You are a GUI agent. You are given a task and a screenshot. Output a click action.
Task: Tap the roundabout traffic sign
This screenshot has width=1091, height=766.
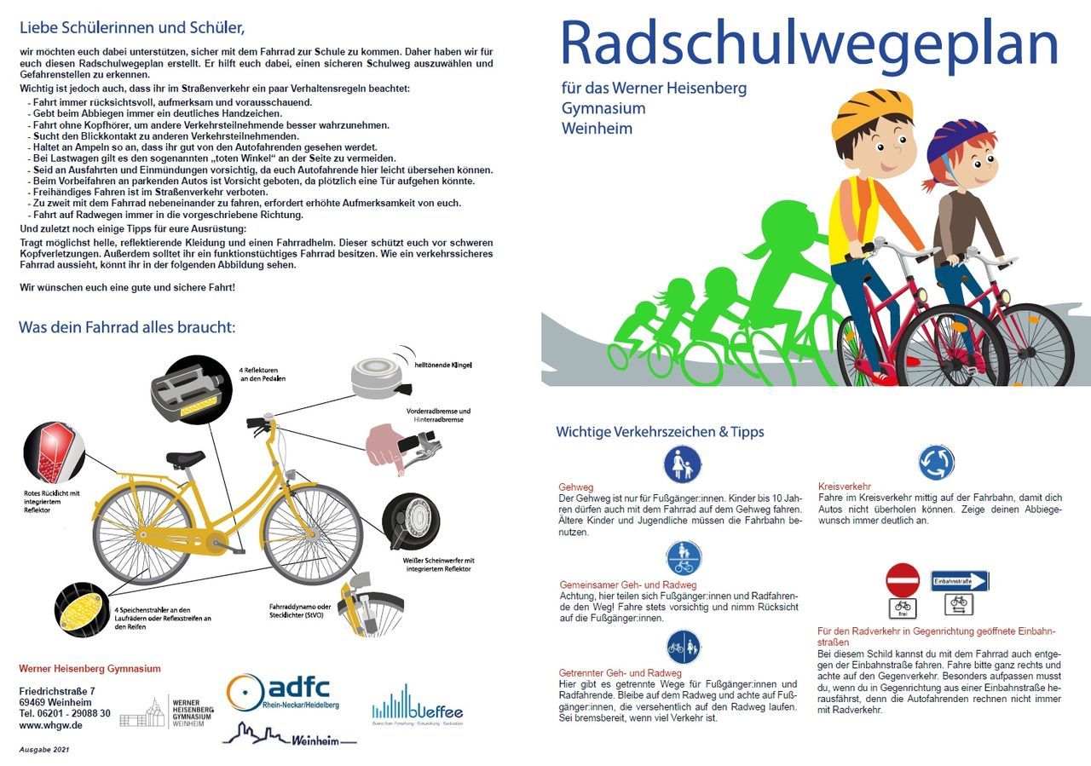coord(936,463)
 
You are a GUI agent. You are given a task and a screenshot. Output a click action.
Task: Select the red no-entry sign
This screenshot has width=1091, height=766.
coord(903,580)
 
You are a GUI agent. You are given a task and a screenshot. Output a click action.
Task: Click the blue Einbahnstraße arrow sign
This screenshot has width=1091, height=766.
coord(960,581)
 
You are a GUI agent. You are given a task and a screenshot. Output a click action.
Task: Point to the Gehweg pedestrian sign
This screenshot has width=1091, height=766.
coord(682,464)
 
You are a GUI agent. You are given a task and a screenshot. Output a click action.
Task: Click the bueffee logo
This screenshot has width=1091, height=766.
coord(418,706)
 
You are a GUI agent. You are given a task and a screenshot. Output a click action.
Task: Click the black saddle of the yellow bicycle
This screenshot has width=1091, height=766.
coord(185,458)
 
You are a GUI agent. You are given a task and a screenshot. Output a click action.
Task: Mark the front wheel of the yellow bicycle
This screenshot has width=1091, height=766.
coord(312,535)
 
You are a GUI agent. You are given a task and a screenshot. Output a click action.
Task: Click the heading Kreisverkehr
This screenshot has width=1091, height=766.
coord(844,487)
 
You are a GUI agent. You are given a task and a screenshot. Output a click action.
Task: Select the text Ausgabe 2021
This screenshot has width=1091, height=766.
coord(44,750)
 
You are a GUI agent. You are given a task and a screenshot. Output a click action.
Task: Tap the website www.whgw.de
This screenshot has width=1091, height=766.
coord(50,725)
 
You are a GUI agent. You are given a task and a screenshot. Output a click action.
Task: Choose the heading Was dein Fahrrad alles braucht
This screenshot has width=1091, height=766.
coord(127,328)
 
